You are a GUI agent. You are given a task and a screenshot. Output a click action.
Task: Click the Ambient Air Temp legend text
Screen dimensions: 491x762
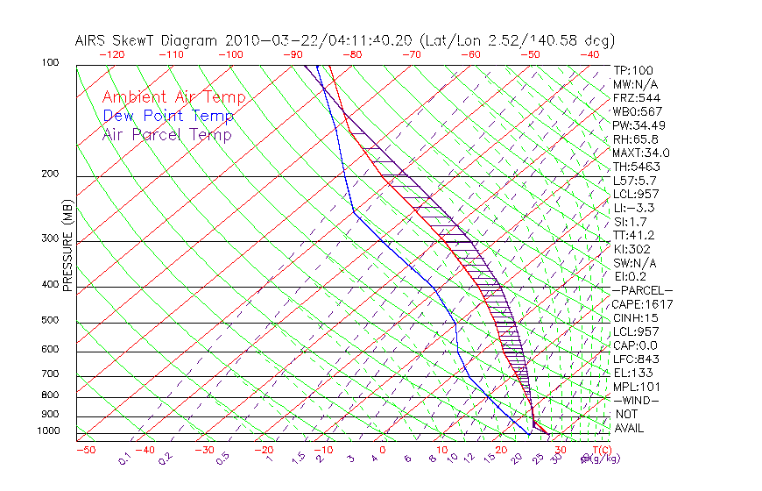pyautogui.click(x=173, y=98)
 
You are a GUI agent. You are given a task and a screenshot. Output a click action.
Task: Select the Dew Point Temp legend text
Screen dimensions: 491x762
pyautogui.click(x=167, y=117)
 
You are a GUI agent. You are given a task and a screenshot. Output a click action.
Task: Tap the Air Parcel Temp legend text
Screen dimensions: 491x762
pyautogui.click(x=166, y=135)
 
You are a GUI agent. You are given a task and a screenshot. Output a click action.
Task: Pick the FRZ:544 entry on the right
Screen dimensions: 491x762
pyautogui.click(x=633, y=98)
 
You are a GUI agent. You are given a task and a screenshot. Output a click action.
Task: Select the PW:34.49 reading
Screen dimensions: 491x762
pyautogui.click(x=637, y=125)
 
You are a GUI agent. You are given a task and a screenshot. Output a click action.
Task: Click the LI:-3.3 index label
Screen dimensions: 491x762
pyautogui.click(x=633, y=208)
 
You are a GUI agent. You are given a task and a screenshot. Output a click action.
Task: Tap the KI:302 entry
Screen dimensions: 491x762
pyautogui.click(x=630, y=249)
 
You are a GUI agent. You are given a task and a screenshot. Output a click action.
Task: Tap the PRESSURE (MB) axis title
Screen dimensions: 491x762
pyautogui.click(x=67, y=245)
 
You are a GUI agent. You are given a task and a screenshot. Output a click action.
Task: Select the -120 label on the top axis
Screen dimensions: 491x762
pyautogui.click(x=111, y=54)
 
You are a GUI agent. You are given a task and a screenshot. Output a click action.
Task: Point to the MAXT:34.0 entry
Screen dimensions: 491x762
pyautogui.click(x=640, y=153)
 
